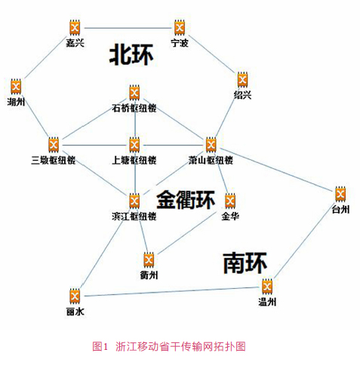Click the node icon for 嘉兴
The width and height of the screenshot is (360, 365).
[x=75, y=28]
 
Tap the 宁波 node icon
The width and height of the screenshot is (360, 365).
[x=180, y=27]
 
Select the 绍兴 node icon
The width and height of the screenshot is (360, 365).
[x=242, y=80]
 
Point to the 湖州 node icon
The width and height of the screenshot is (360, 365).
[x=16, y=87]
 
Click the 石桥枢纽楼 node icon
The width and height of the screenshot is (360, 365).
[x=134, y=93]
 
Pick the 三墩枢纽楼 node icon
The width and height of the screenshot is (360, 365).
[x=54, y=145]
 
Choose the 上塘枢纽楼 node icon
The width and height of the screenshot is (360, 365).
[x=134, y=145]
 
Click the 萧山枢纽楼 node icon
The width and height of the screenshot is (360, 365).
[x=211, y=145]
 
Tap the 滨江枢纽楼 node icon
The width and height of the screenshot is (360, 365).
[x=134, y=201]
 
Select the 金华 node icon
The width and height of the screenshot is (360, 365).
[x=230, y=201]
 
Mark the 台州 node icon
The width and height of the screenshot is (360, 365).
[x=340, y=194]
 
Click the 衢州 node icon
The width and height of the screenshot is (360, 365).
[x=149, y=260]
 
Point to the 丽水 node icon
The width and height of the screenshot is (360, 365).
[x=75, y=296]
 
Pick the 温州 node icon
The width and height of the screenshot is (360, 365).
[x=267, y=287]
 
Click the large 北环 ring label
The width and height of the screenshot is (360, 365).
[x=131, y=54]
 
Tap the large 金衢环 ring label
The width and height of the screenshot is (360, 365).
[x=186, y=200]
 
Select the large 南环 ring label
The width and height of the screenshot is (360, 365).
[x=245, y=263]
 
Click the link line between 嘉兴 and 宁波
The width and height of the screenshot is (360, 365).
[x=128, y=28]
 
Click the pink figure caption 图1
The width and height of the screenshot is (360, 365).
[x=100, y=346]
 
